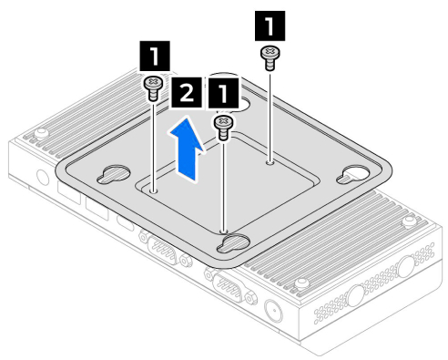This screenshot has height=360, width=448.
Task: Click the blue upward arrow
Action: (186, 149)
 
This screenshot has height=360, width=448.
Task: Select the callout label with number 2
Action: (187, 92)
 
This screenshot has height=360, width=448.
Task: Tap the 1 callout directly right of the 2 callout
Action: (223, 93)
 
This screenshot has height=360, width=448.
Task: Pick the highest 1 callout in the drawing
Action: (270, 26)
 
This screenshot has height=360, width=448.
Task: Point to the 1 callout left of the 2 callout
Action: (155, 56)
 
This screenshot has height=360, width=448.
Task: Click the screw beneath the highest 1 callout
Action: (270, 58)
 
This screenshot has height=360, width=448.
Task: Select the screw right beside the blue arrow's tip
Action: (224, 128)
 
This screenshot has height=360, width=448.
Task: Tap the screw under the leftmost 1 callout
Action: (153, 88)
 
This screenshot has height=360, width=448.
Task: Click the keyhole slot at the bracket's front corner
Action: (233, 243)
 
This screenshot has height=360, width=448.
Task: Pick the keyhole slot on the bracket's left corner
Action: (114, 174)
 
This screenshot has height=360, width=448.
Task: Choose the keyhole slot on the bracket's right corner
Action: (353, 175)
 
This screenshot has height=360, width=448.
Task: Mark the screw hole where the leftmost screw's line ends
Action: (154, 190)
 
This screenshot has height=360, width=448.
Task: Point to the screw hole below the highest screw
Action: (270, 163)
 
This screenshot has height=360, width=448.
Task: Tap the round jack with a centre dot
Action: (274, 311)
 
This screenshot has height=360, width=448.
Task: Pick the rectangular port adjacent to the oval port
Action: (97, 208)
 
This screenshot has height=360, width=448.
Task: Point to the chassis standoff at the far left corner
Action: (41, 133)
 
